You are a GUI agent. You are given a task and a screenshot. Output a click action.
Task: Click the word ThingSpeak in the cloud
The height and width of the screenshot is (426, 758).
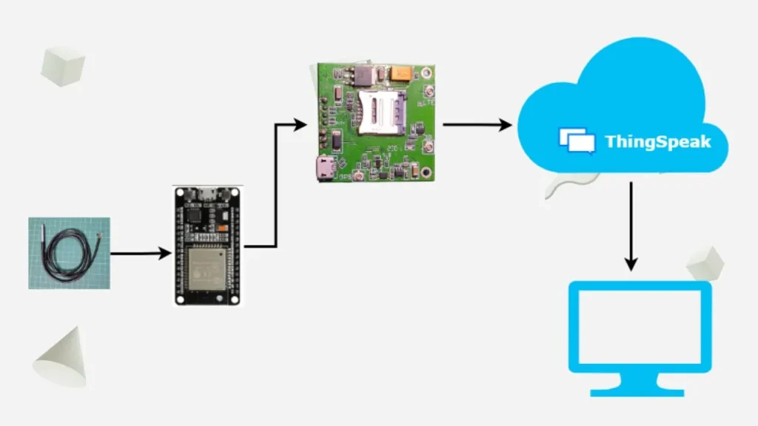pyautogui.click(x=657, y=141)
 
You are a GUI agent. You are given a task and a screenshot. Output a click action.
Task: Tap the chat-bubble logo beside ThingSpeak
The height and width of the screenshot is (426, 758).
pyautogui.click(x=577, y=141)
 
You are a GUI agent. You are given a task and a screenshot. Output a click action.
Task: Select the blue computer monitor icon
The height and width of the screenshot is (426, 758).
pyautogui.click(x=639, y=326)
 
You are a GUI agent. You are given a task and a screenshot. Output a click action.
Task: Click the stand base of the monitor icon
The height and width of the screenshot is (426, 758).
pyautogui.click(x=638, y=390)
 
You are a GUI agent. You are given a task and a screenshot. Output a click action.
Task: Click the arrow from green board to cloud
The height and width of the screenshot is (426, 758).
pyautogui.click(x=477, y=124)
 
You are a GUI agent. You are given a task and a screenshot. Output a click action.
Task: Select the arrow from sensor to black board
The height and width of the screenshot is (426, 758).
pyautogui.click(x=141, y=254)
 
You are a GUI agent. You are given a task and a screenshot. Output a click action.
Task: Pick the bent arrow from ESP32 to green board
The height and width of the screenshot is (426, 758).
pyautogui.click(x=275, y=185)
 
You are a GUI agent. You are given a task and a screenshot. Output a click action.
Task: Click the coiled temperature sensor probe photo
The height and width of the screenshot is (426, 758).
pyautogui.click(x=69, y=253)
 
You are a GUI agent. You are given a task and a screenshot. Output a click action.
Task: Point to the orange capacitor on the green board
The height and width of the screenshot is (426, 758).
pyautogui.click(x=402, y=72)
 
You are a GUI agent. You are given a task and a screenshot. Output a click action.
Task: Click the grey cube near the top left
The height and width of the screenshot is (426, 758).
pyautogui.click(x=63, y=65)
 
